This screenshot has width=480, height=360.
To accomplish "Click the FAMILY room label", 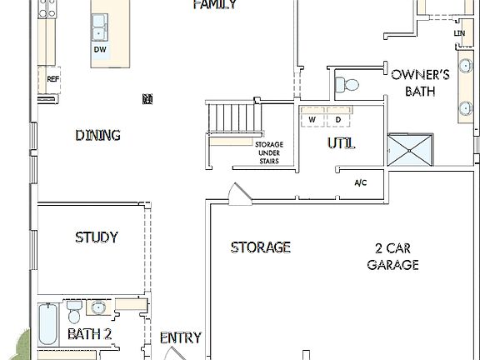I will [x=214, y=5].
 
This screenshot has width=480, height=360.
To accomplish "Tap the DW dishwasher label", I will [x=100, y=49].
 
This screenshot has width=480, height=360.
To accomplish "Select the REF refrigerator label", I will [x=53, y=79].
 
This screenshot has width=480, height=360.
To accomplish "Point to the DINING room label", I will [x=97, y=135].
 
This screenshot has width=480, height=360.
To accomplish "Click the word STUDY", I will [x=96, y=237].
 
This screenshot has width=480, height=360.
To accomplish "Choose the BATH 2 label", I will [x=89, y=334].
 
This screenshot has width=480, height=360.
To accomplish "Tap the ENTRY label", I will [x=180, y=337].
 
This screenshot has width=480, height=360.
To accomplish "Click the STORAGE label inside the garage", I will [x=261, y=247].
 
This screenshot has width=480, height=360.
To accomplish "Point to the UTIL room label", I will [x=340, y=143].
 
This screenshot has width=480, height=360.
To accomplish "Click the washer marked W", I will [x=312, y=120].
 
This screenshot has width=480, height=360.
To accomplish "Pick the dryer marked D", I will [x=337, y=120].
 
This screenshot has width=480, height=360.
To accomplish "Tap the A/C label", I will [x=361, y=182].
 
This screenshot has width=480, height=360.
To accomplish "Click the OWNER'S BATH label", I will [x=420, y=82].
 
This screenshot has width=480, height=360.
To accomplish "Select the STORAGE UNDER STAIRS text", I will [x=268, y=152].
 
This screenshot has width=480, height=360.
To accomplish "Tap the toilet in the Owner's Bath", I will [x=349, y=83].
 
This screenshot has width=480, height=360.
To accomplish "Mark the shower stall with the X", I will [x=411, y=150].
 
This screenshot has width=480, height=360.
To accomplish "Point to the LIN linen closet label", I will [x=459, y=32].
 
